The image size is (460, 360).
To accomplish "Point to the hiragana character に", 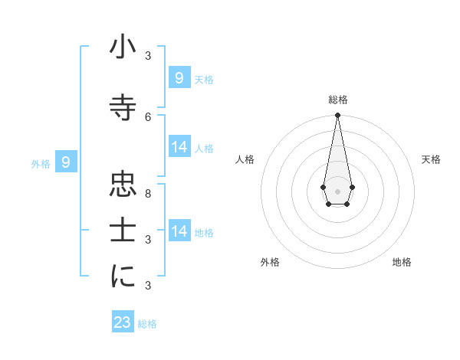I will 123,277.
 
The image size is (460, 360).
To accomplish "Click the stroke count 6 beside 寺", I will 148,116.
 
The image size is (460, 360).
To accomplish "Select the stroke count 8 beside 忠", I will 148,192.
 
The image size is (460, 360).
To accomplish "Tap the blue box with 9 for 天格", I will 179,77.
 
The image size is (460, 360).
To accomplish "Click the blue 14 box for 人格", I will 179,147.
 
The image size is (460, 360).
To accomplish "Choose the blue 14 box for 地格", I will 179,231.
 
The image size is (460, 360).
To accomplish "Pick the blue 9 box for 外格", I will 66,162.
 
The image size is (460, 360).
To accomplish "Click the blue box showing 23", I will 123,322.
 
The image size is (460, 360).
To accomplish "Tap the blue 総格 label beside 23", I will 147,324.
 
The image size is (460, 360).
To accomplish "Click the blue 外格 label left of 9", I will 41,163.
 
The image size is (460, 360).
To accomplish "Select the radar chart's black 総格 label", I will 338,100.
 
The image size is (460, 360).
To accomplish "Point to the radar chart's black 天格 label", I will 431,159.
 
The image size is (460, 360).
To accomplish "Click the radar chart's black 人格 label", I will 245,159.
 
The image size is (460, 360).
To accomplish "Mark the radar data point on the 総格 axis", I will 337,116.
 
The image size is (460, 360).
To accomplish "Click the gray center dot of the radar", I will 337,191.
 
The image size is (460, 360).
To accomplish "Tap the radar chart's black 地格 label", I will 402,262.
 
